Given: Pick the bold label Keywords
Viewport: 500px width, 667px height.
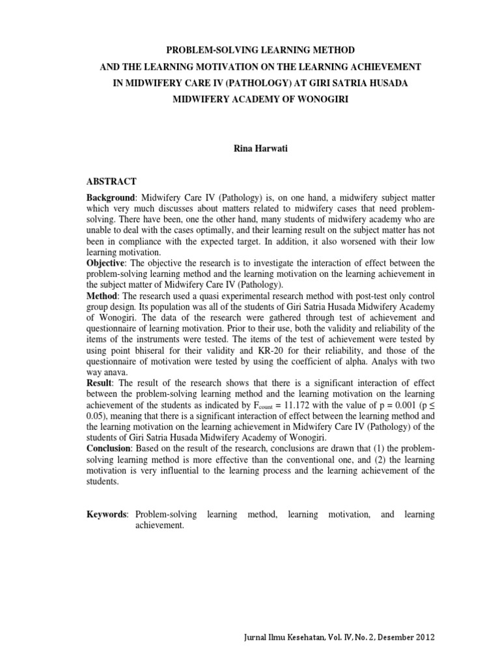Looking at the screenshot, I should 107,515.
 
